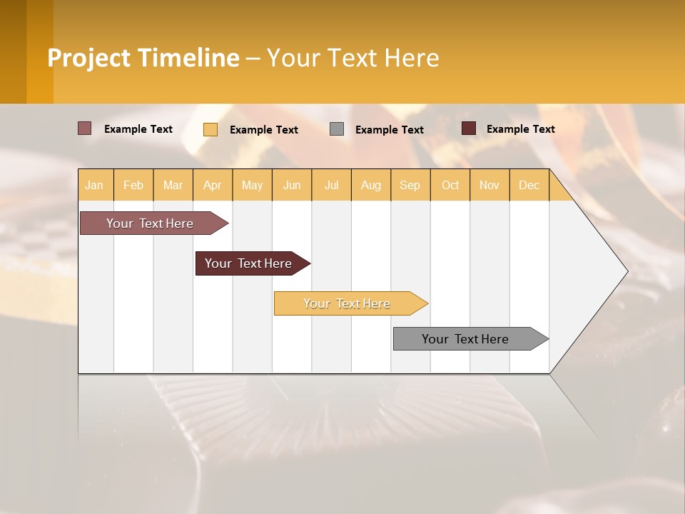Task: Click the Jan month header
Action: [x=95, y=185]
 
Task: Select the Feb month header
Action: [x=133, y=185]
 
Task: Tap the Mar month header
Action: [x=173, y=185]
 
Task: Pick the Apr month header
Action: [x=213, y=185]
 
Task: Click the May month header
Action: [x=252, y=185]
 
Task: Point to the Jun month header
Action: [x=292, y=185]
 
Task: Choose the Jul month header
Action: [x=331, y=185]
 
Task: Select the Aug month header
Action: [x=371, y=185]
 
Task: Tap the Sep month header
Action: [x=410, y=185]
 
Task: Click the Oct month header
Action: [x=450, y=185]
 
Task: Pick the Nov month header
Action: [x=489, y=185]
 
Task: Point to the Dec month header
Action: [x=529, y=185]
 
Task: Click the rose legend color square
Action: [x=85, y=128]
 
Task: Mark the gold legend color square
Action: [x=210, y=129]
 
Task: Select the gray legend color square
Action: [x=337, y=128]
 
